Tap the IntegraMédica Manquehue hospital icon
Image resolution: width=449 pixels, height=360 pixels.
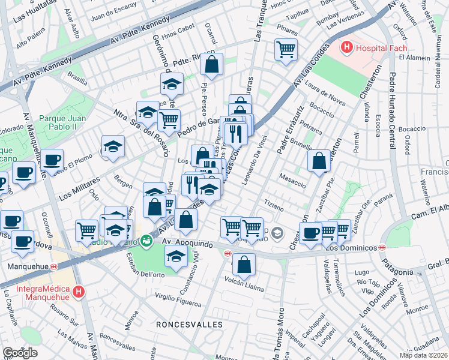point(78,292)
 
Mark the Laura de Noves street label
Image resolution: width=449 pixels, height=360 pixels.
point(327,92)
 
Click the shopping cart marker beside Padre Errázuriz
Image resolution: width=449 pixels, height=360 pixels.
point(252,227)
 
